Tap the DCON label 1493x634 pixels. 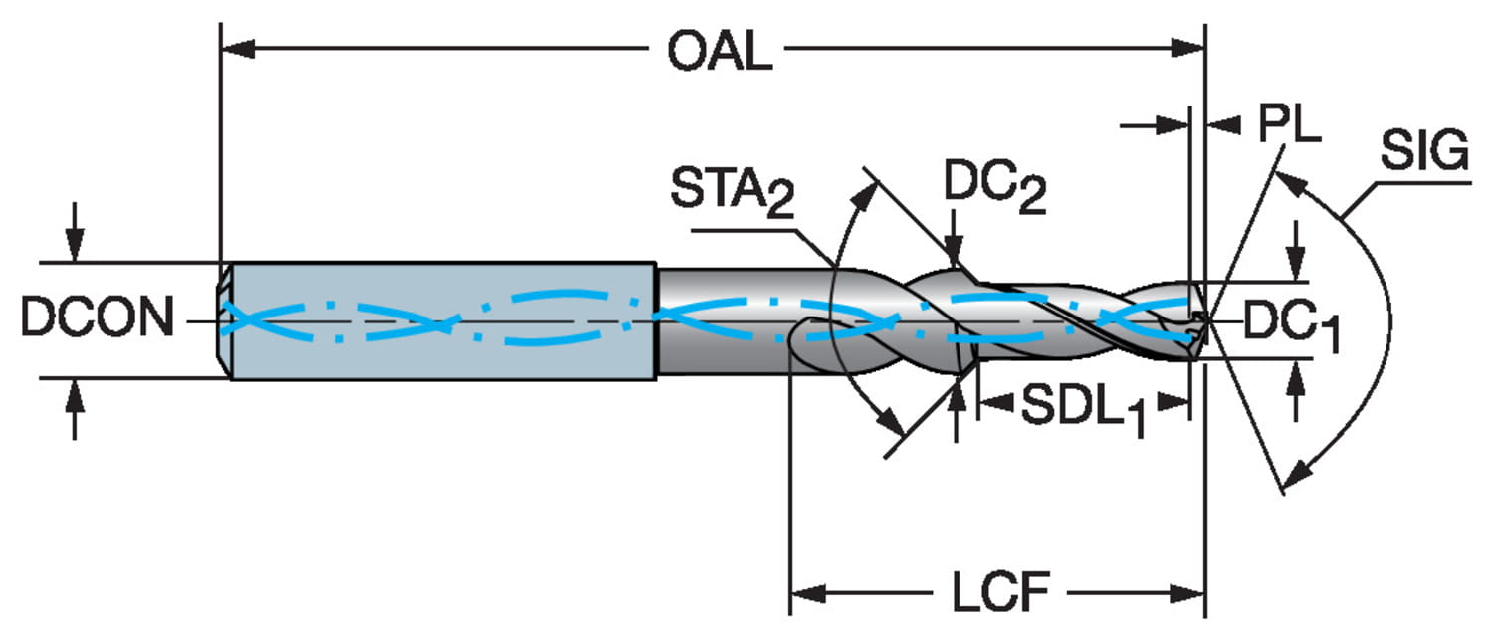97,320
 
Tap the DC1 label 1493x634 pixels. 1292,328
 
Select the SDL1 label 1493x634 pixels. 1078,411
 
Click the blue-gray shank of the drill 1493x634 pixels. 438,320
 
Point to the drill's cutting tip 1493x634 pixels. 1202,320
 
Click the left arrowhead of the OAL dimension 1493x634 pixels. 235,47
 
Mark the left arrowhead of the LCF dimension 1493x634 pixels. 805,594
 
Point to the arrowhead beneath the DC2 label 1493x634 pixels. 955,255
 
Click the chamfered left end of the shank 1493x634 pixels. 226,320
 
